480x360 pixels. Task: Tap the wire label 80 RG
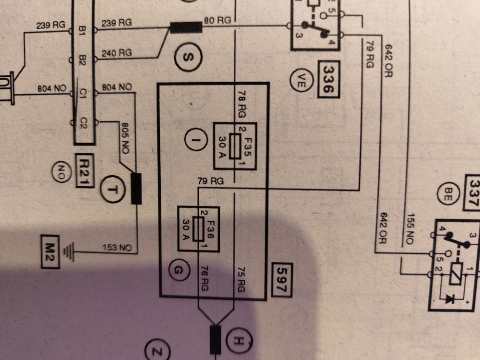217,21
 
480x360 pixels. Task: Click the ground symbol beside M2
72,251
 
